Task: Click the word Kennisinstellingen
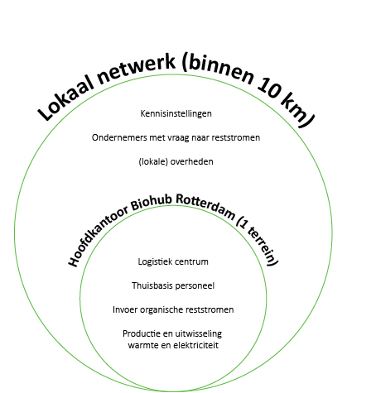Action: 176,113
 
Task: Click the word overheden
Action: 191,161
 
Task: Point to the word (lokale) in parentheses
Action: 153,161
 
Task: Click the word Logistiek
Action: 155,261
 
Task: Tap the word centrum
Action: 191,261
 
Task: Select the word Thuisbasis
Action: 152,285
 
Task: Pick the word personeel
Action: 195,285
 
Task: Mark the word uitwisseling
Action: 197,333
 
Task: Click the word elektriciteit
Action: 195,345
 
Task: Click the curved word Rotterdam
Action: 206,205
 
